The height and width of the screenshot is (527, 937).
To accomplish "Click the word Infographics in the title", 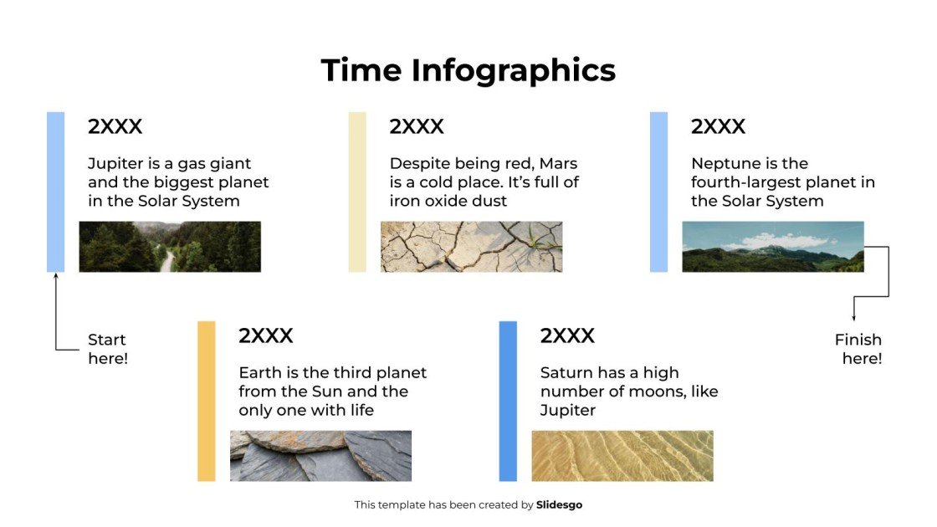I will pyautogui.click(x=513, y=70).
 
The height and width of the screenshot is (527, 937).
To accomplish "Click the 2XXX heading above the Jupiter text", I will pyautogui.click(x=115, y=126).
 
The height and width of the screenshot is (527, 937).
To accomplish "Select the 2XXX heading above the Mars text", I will pyautogui.click(x=417, y=126).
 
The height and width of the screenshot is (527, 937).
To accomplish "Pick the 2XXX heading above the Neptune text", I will pyautogui.click(x=718, y=126).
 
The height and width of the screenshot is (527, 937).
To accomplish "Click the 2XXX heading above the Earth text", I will pyautogui.click(x=266, y=335).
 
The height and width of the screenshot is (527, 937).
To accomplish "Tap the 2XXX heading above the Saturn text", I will pyautogui.click(x=567, y=335).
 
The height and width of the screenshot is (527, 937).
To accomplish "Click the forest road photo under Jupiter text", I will pyautogui.click(x=170, y=247).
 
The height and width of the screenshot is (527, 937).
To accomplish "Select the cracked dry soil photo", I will pyautogui.click(x=471, y=247).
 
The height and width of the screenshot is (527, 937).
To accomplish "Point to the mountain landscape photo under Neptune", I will pyautogui.click(x=772, y=247).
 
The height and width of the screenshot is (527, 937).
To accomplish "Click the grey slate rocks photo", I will pyautogui.click(x=320, y=456).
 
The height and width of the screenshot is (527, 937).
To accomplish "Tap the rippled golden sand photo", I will pyautogui.click(x=622, y=456).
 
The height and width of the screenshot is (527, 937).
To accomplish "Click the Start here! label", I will pyautogui.click(x=107, y=349).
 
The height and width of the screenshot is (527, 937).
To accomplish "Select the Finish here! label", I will pyautogui.click(x=858, y=349).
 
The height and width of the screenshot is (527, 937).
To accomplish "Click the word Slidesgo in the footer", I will pyautogui.click(x=559, y=504).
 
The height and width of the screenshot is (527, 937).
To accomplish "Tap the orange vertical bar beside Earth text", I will pyautogui.click(x=206, y=401).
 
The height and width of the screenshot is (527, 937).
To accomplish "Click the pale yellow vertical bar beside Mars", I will pyautogui.click(x=357, y=192).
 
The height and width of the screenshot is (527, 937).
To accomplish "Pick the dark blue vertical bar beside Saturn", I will pyautogui.click(x=508, y=401).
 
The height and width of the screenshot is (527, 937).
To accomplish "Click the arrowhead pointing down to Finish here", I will pyautogui.click(x=853, y=317).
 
